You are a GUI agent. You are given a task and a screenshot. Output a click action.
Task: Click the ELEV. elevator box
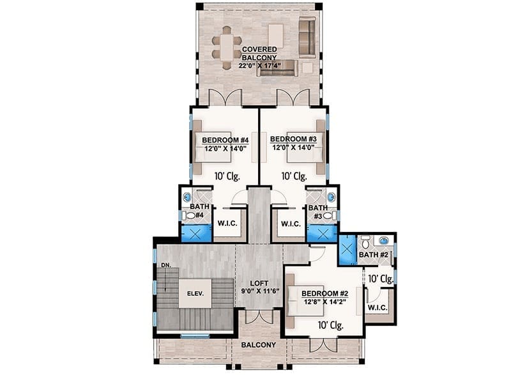click(x=195, y=293)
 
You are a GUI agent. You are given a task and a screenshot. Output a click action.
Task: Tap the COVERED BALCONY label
click(x=259, y=53)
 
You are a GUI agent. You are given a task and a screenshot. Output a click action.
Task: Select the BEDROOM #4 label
click(x=225, y=140)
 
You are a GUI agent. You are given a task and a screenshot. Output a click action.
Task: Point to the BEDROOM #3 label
click(x=293, y=139)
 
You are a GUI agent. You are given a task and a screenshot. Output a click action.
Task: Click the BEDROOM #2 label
click(x=324, y=293)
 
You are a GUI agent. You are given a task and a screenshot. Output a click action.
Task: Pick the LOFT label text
click(x=259, y=283)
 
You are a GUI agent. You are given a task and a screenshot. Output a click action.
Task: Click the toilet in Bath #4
click(x=188, y=215)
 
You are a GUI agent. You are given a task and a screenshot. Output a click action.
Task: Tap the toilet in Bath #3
click(x=330, y=215)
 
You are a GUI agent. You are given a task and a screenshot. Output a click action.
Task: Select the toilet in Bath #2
click(x=365, y=241)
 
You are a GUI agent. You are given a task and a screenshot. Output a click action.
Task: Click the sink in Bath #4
click(x=187, y=197)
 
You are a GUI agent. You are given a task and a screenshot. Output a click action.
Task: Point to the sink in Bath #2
click(x=385, y=240)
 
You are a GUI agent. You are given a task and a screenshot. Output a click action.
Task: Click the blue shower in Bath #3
click(x=323, y=233)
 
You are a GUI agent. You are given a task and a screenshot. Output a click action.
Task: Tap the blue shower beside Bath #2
click(x=347, y=250)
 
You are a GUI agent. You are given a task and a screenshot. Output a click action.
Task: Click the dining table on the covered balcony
click(x=226, y=48)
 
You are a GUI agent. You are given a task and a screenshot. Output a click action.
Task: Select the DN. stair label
click(x=166, y=265)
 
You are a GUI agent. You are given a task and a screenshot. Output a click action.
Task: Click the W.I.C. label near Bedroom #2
click(x=378, y=307)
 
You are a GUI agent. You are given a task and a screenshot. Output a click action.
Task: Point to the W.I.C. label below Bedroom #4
click(x=227, y=224)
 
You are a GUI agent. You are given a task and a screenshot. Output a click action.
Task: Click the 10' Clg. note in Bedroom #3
click(x=294, y=176)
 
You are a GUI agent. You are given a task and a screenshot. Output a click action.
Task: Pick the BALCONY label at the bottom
click(x=259, y=345)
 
